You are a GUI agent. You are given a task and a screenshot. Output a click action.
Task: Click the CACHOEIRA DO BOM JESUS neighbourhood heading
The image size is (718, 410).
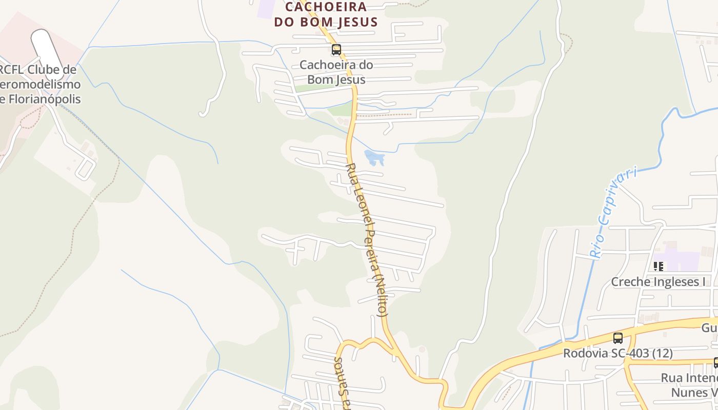tap(326, 14)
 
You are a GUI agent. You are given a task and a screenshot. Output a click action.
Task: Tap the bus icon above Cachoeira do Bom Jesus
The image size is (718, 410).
tap(336, 50)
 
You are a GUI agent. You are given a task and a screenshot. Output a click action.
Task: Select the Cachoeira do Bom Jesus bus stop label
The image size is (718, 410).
tap(336, 72)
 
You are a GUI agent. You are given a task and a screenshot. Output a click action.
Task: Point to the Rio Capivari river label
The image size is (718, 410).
tap(613, 211)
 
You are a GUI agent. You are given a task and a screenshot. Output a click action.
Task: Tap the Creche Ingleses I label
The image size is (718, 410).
tap(658, 281)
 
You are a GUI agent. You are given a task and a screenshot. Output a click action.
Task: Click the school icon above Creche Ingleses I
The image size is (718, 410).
tap(659, 266)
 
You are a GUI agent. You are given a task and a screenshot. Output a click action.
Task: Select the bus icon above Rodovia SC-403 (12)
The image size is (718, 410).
tap(618, 338)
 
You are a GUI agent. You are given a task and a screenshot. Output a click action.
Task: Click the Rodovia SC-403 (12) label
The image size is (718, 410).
tap(617, 353)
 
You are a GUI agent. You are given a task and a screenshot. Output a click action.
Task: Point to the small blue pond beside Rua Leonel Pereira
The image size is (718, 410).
tap(374, 158)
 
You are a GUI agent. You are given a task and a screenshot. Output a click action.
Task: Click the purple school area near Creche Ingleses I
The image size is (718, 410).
tap(680, 259)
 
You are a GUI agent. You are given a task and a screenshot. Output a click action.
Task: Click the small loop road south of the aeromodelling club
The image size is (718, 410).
tap(85, 167)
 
